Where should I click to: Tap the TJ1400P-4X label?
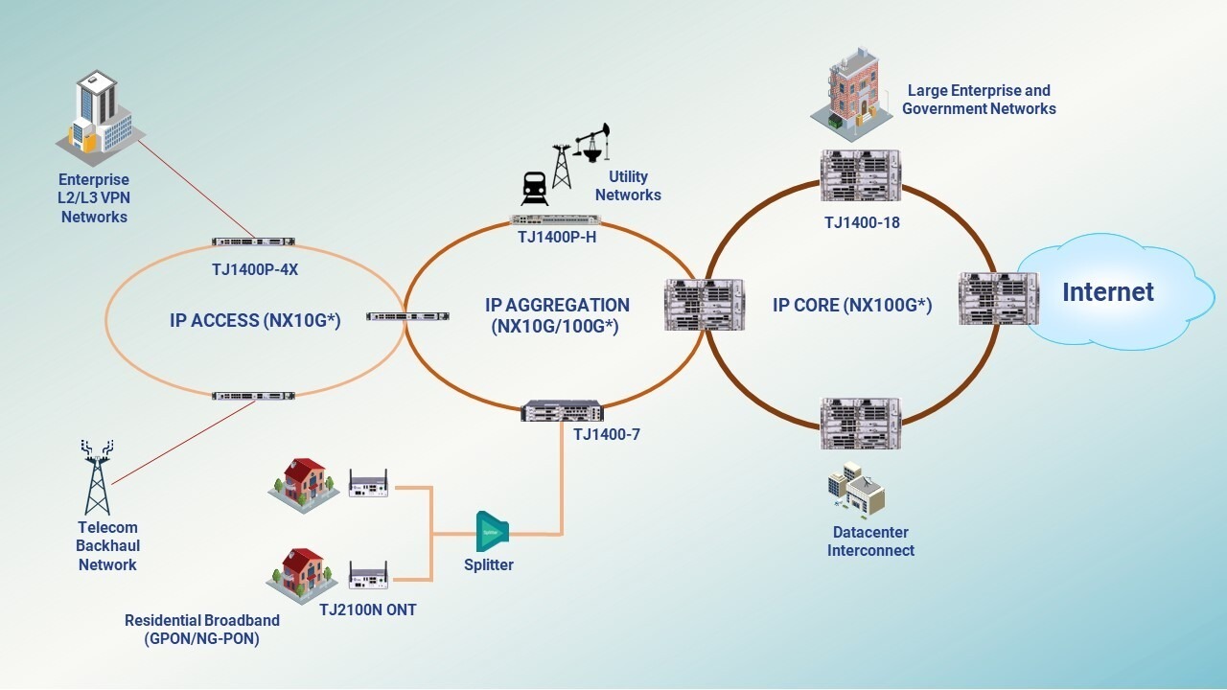click(x=255, y=269)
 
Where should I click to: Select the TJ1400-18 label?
click(x=862, y=222)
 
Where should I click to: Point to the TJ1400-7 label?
click(x=606, y=434)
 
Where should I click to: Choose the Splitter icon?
click(x=492, y=531)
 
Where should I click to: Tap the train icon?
click(x=534, y=188)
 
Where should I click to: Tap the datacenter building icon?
click(x=855, y=490)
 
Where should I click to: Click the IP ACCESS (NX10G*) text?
click(x=255, y=320)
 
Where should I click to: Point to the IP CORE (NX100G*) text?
click(x=852, y=306)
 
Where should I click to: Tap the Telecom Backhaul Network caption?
click(x=107, y=546)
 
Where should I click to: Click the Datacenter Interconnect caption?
click(x=870, y=541)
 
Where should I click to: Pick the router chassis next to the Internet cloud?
click(x=998, y=298)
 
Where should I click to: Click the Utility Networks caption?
click(x=628, y=186)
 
